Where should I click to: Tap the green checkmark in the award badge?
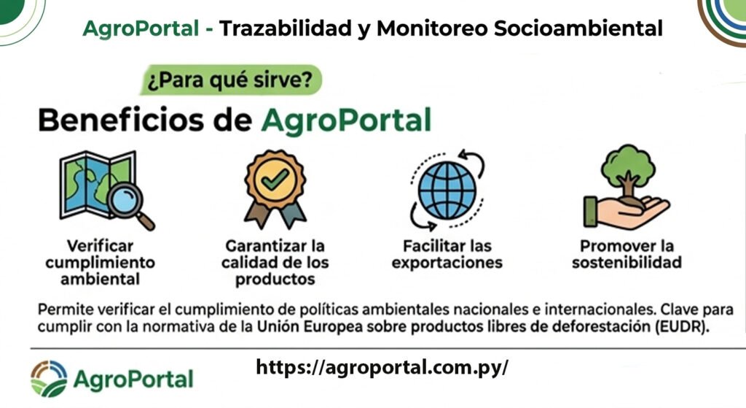pyautogui.click(x=275, y=180)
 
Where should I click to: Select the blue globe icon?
pyautogui.click(x=447, y=190)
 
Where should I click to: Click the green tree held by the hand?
pyautogui.click(x=627, y=170)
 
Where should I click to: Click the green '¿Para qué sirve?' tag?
pyautogui.click(x=231, y=80)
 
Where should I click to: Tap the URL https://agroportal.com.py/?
pyautogui.click(x=382, y=367)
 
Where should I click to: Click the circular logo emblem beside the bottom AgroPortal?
pyautogui.click(x=49, y=379)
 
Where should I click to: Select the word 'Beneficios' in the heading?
pyautogui.click(x=122, y=120)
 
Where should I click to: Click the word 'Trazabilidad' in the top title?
pyautogui.click(x=286, y=28)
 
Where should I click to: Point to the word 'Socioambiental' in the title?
pyautogui.click(x=578, y=28)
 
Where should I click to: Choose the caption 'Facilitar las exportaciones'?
pyautogui.click(x=447, y=254)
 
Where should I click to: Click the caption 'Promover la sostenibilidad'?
pyautogui.click(x=627, y=254)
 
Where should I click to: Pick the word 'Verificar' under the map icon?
pyautogui.click(x=100, y=246)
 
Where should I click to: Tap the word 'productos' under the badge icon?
pyautogui.click(x=275, y=280)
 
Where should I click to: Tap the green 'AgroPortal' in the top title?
pyautogui.click(x=141, y=28)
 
